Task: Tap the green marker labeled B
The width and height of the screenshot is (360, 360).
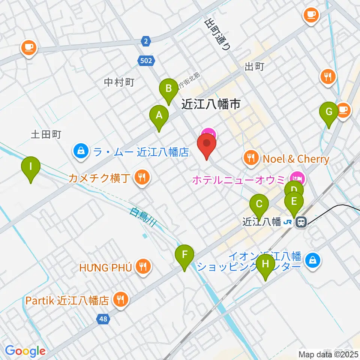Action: pyautogui.click(x=169, y=89)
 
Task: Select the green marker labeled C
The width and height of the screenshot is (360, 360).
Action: pyautogui.click(x=259, y=204)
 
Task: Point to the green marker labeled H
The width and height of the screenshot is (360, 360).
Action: pyautogui.click(x=265, y=264)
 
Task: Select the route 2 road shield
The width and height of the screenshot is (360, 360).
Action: pyautogui.click(x=146, y=40)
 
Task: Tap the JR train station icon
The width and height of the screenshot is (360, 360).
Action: pyautogui.click(x=301, y=222)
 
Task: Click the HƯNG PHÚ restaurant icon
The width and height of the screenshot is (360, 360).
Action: pyautogui.click(x=143, y=267)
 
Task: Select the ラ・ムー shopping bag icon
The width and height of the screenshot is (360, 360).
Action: pyautogui.click(x=80, y=152)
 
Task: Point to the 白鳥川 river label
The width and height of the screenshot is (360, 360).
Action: pyautogui.click(x=143, y=217)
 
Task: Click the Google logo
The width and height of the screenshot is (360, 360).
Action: pyautogui.click(x=25, y=351)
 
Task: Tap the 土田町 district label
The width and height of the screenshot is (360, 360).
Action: pyautogui.click(x=46, y=135)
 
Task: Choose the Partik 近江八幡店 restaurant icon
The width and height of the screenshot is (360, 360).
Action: pyautogui.click(x=121, y=300)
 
